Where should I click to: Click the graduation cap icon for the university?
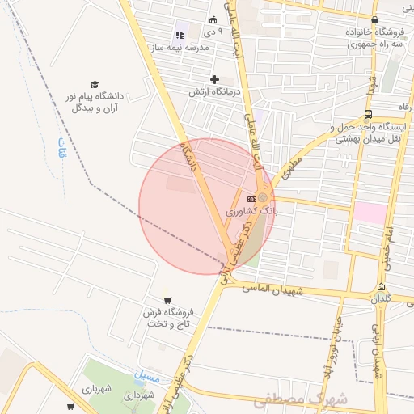point(95,84)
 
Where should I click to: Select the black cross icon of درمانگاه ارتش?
point(214,79)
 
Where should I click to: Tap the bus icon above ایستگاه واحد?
point(369,114)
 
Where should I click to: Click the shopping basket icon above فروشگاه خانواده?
point(374,20)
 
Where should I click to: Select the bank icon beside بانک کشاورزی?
point(251,198)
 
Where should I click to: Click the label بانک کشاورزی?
point(251,210)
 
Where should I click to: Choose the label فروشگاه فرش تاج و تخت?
point(171,318)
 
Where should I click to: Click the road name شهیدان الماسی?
point(273,289)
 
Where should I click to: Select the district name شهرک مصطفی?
point(300,399)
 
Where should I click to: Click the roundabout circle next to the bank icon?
point(263,197)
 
